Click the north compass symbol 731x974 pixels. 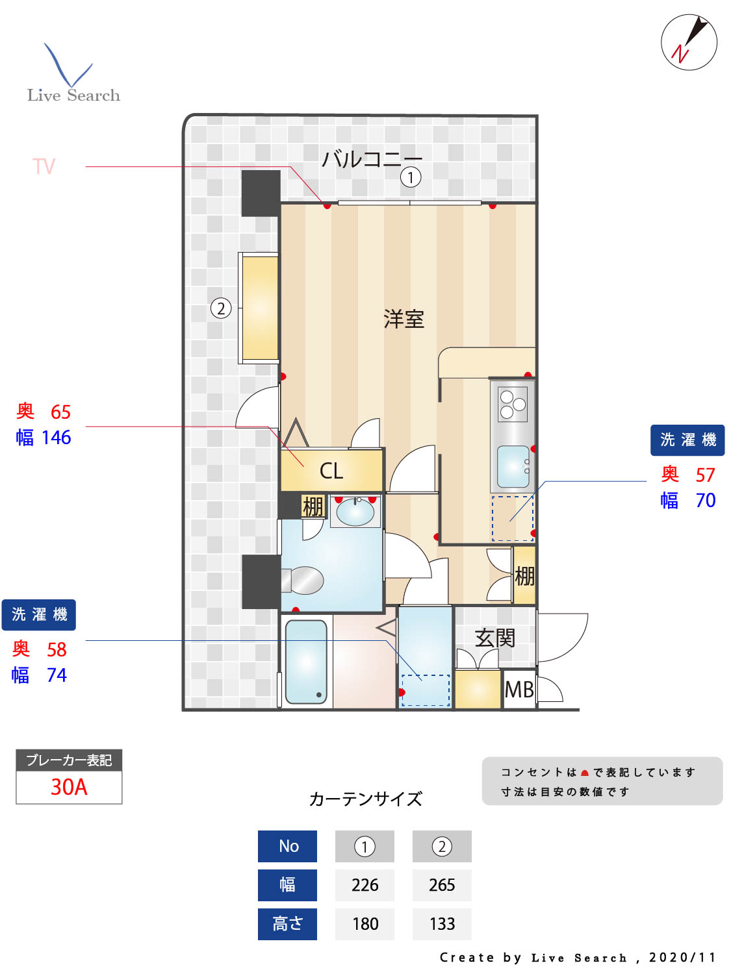coord(689,42)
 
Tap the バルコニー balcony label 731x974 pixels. coord(372,158)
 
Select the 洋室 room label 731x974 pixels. coord(404,319)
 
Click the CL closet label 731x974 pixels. coord(331,471)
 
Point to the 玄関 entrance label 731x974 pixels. coord(494,638)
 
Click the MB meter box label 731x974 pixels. coord(519,690)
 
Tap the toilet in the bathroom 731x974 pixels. coord(304,581)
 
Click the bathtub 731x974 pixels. coord(305,662)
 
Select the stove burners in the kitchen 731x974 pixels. coord(513,403)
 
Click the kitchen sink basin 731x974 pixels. coord(513,466)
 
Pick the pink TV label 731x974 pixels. coord(44,167)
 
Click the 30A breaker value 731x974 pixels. coord(69,787)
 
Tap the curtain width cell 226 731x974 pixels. coord(365,885)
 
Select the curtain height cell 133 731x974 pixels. coord(442,924)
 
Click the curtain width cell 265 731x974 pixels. coord(442,885)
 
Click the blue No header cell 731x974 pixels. coord(287,846)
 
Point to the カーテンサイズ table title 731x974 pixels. coord(365,799)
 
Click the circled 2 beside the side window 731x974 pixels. coord(221,308)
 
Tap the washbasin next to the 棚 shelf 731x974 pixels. coord(355,512)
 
